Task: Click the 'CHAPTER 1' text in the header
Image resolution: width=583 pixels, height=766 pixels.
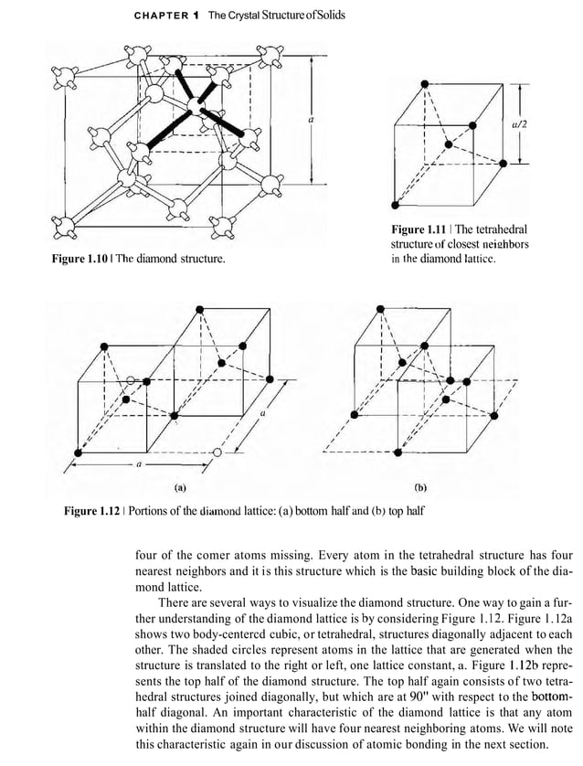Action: pos(166,17)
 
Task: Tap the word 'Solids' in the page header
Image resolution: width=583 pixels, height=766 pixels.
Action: pos(323,17)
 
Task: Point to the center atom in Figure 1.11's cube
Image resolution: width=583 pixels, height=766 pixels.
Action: pos(447,144)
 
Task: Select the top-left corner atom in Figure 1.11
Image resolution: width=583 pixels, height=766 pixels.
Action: pos(424,83)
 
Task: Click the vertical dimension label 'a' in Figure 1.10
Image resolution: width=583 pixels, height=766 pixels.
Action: pos(312,119)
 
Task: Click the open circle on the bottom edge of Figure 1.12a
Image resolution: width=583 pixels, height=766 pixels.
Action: pos(217,452)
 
